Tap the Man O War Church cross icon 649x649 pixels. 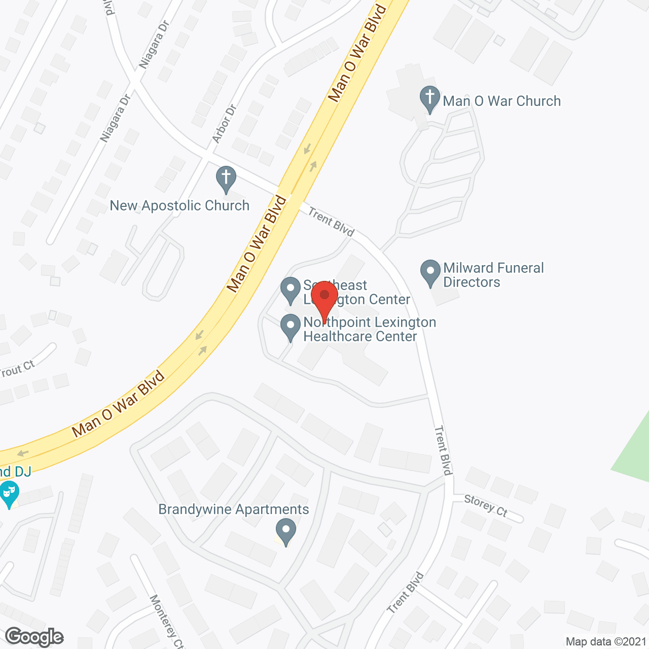pyautogui.click(x=429, y=98)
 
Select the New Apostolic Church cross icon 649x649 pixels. pyautogui.click(x=226, y=178)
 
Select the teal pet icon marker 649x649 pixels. pyautogui.click(x=9, y=493)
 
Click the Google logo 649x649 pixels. pyautogui.click(x=34, y=637)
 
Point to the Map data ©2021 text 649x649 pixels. pyautogui.click(x=606, y=642)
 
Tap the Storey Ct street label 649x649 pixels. pyautogui.click(x=486, y=506)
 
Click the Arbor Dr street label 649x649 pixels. pyautogui.click(x=224, y=124)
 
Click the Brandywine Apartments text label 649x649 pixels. pyautogui.click(x=234, y=509)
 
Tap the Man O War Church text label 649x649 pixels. pyautogui.click(x=502, y=101)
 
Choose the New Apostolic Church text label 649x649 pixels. pyautogui.click(x=179, y=205)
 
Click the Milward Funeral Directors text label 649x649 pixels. pyautogui.click(x=493, y=275)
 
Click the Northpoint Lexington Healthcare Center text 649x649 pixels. pyautogui.click(x=370, y=329)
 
